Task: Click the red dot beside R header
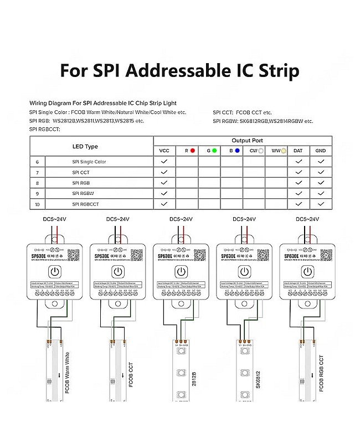(x=192, y=150)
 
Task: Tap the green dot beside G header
(x=214, y=150)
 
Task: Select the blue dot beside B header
(x=238, y=150)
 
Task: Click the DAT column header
(x=298, y=151)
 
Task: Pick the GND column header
(x=321, y=151)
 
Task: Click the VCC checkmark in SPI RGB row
(x=164, y=183)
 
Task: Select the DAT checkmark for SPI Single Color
(x=298, y=162)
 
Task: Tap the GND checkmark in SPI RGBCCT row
(x=321, y=204)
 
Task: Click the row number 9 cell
(x=37, y=193)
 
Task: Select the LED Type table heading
(x=85, y=146)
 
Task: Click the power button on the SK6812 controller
(x=243, y=271)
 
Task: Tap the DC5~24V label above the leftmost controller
(x=55, y=219)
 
